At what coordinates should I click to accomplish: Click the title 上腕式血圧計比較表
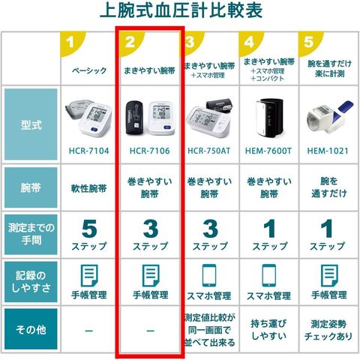pyautogui.click(x=181, y=10)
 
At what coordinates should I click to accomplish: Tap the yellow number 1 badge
pyautogui.click(x=72, y=43)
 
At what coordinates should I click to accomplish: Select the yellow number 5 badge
pyautogui.click(x=310, y=43)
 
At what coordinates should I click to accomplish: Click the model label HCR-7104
pyautogui.click(x=89, y=151)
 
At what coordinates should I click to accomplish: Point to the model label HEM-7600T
pyautogui.click(x=268, y=151)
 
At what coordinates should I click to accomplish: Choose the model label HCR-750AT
pyautogui.click(x=209, y=151)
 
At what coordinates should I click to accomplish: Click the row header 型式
pyautogui.click(x=31, y=125)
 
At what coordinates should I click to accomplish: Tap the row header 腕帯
pyautogui.click(x=31, y=187)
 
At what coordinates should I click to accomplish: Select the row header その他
pyautogui.click(x=31, y=329)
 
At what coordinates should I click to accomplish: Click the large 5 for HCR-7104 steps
pyautogui.click(x=89, y=229)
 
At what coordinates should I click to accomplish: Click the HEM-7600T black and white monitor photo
pyautogui.click(x=269, y=118)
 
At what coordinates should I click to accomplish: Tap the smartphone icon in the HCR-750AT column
pyautogui.click(x=209, y=275)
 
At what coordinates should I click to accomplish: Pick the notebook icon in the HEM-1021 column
pyautogui.click(x=329, y=276)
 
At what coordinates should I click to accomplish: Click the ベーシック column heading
pyautogui.click(x=89, y=70)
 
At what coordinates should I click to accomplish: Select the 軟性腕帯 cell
pyautogui.click(x=89, y=188)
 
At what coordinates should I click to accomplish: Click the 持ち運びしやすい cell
pyautogui.click(x=268, y=330)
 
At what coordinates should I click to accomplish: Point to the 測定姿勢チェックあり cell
pyautogui.click(x=328, y=330)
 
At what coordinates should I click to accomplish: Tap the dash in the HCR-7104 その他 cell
pyautogui.click(x=89, y=331)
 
